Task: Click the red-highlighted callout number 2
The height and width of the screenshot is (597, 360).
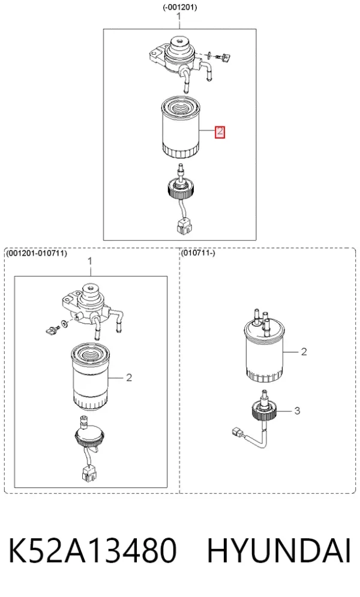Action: (220, 132)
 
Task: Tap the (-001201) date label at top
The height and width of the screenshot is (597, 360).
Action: (180, 7)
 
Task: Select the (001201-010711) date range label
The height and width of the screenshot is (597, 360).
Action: (37, 253)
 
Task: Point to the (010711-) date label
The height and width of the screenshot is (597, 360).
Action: (197, 253)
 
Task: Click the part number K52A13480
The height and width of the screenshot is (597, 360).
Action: (92, 551)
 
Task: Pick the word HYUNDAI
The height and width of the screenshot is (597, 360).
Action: (278, 551)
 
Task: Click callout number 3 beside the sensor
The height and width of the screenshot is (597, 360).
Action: (297, 410)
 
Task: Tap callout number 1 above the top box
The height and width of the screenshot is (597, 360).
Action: (180, 16)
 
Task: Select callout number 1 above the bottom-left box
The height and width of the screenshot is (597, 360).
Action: (90, 262)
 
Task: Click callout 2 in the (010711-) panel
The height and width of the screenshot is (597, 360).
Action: (304, 352)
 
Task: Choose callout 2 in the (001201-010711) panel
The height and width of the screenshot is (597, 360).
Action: (129, 377)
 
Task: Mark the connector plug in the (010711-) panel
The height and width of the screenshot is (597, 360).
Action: (237, 432)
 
